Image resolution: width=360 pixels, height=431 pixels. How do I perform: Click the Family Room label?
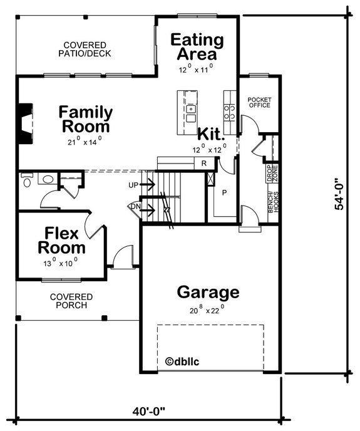(86, 119)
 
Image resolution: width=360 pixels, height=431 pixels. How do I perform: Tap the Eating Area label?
(197, 47)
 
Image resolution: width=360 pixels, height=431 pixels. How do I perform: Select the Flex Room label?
(61, 241)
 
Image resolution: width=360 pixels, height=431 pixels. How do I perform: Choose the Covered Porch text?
(71, 301)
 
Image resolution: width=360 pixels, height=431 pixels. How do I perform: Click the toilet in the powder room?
(26, 181)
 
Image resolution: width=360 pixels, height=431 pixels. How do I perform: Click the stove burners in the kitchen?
(230, 112)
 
